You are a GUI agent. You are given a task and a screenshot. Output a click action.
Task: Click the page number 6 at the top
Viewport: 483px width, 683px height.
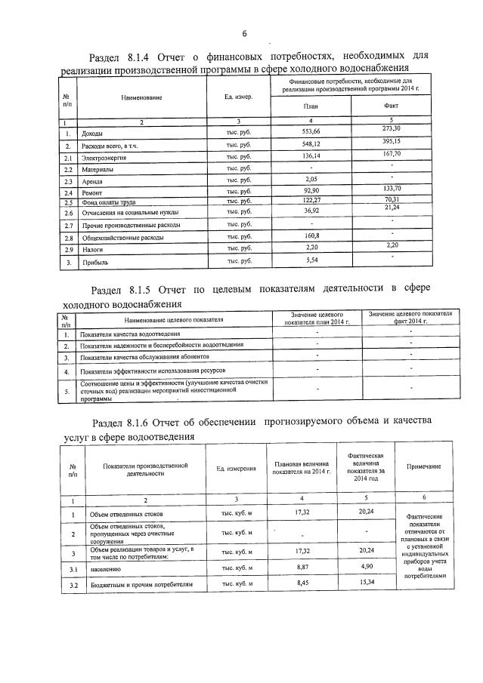(245, 33)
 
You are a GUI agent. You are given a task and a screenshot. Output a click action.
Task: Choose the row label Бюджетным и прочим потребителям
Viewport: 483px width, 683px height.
(141, 584)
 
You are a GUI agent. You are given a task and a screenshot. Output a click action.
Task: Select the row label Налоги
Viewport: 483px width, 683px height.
(93, 248)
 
